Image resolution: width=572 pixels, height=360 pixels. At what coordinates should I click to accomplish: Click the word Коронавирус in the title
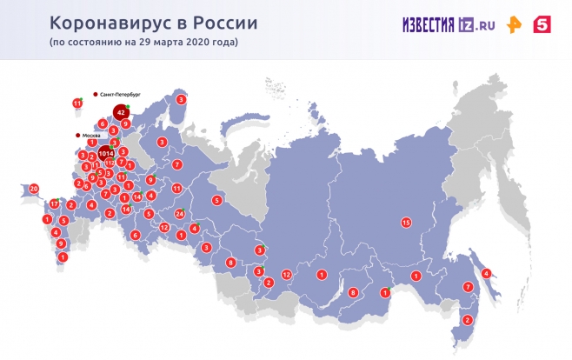coord(104,22)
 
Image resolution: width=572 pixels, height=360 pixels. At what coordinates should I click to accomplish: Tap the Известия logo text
coord(429,25)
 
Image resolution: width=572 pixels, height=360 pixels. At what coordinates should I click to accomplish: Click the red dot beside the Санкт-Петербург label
coord(96,91)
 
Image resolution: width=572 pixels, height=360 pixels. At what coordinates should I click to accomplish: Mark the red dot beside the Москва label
coord(78,136)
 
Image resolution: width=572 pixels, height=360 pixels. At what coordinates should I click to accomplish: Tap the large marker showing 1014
coord(106,153)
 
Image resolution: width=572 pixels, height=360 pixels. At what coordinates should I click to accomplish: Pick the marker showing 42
coord(122,112)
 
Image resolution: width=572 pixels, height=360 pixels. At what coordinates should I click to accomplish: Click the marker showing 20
coord(34,188)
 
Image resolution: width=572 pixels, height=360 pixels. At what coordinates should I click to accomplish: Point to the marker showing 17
coord(54,204)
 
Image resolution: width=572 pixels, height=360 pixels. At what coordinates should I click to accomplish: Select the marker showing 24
coord(179,213)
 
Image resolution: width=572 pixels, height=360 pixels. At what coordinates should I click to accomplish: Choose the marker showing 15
coord(405,223)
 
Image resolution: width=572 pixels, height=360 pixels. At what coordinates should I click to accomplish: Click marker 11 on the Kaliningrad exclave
coord(77,103)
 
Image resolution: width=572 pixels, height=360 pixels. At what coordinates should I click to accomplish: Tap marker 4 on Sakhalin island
coord(486,273)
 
